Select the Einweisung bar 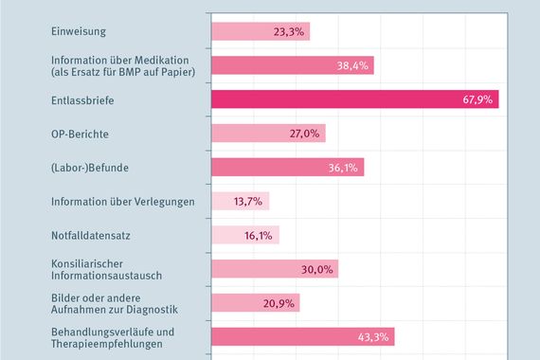[x=259, y=31]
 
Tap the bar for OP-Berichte [x=267, y=134]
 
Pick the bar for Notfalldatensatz [x=243, y=235]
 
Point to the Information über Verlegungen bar [x=239, y=201]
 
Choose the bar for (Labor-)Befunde [x=286, y=168]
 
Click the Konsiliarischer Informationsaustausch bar [x=273, y=269]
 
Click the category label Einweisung [x=77, y=31]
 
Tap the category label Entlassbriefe [x=81, y=99]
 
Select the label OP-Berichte [x=81, y=134]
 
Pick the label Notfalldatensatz [x=91, y=235]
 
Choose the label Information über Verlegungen [x=122, y=201]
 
